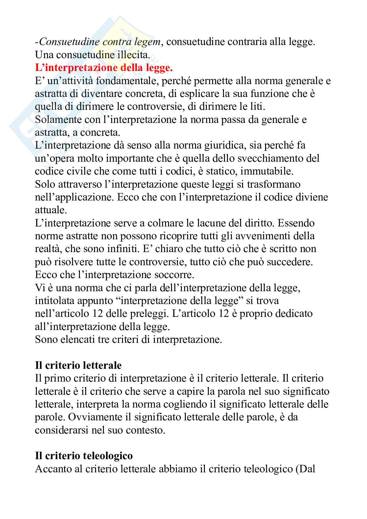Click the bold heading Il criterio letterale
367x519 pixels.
(78, 365)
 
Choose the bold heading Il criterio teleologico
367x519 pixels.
(84, 456)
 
